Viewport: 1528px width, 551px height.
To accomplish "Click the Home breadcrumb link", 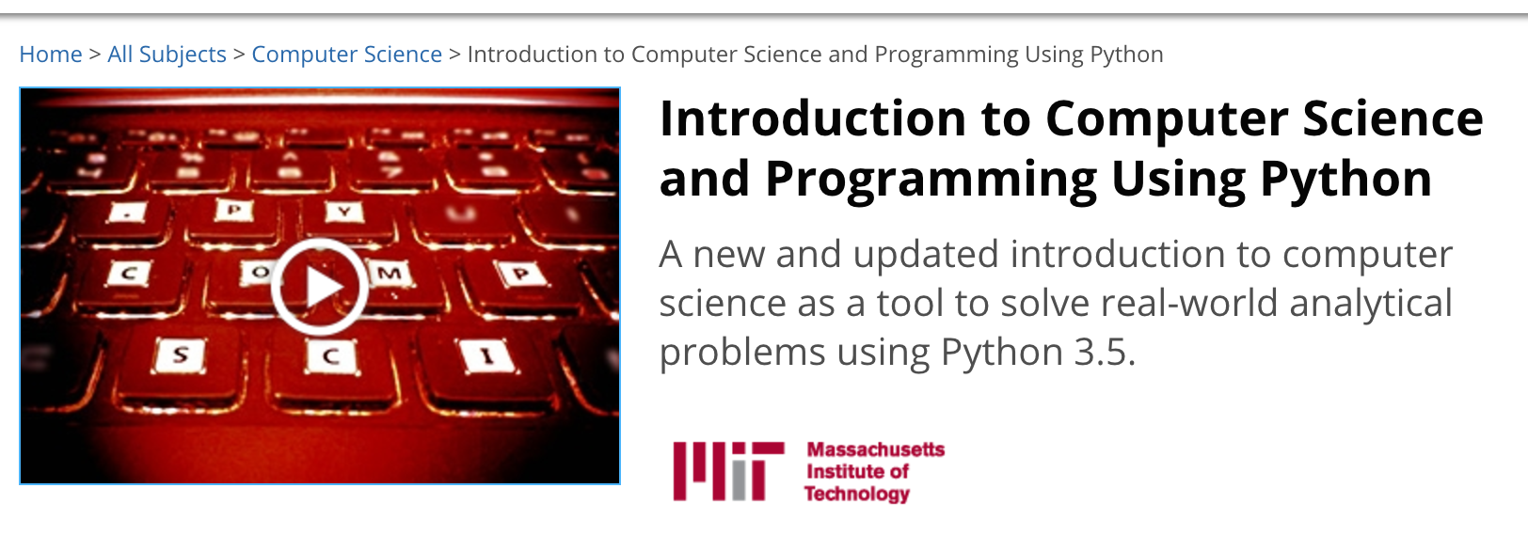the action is pyautogui.click(x=51, y=54).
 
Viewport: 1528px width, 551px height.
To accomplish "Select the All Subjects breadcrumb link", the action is pyautogui.click(x=167, y=55).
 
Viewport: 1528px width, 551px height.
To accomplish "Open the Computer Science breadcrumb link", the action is pyautogui.click(x=346, y=55).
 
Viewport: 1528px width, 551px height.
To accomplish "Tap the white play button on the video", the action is pyautogui.click(x=319, y=287).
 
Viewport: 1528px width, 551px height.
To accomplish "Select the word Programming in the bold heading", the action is pyautogui.click(x=931, y=180).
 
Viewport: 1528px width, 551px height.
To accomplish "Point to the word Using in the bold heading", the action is pyautogui.click(x=1178, y=180).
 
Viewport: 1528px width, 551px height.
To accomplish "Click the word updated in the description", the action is pyautogui.click(x=926, y=255).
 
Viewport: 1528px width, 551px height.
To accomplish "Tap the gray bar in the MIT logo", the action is pyautogui.click(x=738, y=480).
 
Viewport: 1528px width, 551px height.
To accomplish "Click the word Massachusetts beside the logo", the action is pyautogui.click(x=876, y=449).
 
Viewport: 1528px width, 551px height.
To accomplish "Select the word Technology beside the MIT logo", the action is pyautogui.click(x=857, y=494).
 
